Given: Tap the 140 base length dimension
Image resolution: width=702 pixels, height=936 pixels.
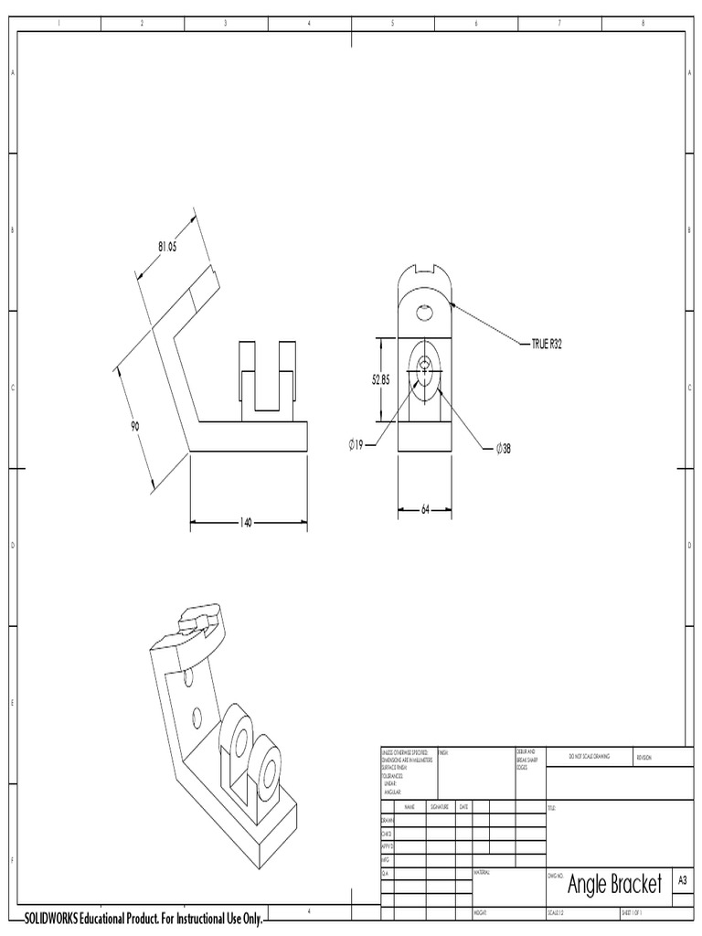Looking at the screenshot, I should click(246, 523).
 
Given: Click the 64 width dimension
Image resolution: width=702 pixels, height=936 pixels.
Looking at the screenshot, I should click(425, 509).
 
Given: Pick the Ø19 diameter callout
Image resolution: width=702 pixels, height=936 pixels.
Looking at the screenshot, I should click(356, 444).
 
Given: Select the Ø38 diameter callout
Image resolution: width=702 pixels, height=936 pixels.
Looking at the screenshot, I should click(503, 448).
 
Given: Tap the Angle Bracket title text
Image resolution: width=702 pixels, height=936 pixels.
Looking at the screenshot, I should click(614, 884).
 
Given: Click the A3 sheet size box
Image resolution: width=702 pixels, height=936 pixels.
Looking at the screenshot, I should click(682, 879).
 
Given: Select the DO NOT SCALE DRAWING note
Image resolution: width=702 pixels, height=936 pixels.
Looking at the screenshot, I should click(589, 757).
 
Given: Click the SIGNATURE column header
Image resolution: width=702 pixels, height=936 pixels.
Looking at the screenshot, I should click(442, 807).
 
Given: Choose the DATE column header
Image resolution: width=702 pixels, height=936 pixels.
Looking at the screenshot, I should click(464, 807).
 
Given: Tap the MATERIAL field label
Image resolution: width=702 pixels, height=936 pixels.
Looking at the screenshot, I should click(484, 873).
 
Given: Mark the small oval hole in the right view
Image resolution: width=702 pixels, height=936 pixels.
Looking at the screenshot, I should click(425, 314).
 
